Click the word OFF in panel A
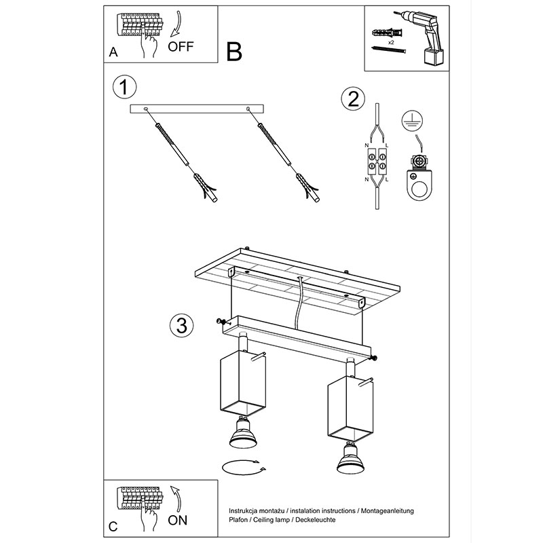(181, 47)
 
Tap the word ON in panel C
(178, 520)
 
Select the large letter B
(234, 52)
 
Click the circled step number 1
(125, 87)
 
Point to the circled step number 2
(353, 98)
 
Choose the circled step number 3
(181, 325)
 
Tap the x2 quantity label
(391, 42)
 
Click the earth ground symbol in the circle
(412, 121)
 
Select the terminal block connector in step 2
(377, 162)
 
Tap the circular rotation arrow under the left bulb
(244, 468)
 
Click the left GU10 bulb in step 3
(243, 433)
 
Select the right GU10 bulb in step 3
(350, 458)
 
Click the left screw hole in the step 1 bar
(146, 109)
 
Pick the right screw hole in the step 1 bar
(248, 109)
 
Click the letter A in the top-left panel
(113, 52)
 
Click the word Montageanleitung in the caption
(387, 511)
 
